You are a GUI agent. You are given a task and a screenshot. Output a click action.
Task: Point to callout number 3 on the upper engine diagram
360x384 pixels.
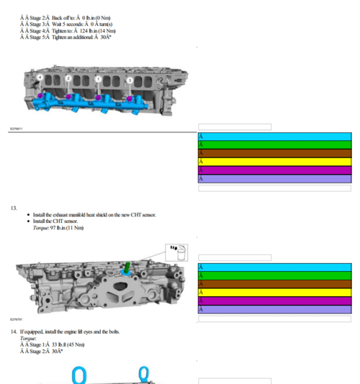(130, 80)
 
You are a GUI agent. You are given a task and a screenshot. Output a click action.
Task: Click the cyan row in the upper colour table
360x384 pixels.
(274, 137)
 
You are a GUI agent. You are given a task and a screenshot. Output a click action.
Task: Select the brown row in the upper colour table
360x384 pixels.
(274, 153)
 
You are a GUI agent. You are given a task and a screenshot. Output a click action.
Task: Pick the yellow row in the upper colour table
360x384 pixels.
(274, 162)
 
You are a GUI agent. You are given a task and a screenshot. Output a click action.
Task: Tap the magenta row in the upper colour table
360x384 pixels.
(274, 170)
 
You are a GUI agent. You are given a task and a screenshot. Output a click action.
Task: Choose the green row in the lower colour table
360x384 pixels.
(274, 276)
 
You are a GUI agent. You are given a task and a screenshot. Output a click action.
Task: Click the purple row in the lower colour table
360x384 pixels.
(274, 310)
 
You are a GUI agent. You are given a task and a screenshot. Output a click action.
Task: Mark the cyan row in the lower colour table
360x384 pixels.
(274, 268)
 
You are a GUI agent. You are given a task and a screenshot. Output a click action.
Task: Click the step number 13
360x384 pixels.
(14, 208)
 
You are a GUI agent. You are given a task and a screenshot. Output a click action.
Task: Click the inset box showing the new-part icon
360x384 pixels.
(176, 252)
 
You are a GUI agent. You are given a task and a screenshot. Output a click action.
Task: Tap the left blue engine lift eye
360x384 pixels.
(78, 375)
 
